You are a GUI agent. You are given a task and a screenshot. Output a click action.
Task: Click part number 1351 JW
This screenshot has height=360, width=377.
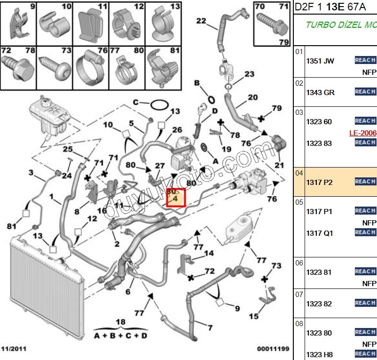tap(320, 61)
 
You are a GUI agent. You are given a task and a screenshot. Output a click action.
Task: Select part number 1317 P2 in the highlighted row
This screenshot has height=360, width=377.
tap(319, 182)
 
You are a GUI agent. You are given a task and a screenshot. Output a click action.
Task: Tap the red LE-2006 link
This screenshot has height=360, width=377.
tap(363, 133)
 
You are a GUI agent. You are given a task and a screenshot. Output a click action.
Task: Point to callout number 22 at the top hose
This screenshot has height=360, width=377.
tap(201, 21)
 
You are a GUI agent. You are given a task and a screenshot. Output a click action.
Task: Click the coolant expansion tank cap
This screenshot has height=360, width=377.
tap(46, 100)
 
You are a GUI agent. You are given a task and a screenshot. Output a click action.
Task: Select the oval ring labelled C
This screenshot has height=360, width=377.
tap(159, 104)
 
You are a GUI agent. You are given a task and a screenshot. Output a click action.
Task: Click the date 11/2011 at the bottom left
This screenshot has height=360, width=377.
tap(14, 349)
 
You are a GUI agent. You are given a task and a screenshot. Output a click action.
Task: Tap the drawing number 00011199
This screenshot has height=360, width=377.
tap(273, 349)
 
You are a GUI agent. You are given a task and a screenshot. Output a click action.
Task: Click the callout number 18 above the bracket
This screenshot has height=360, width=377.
tap(121, 322)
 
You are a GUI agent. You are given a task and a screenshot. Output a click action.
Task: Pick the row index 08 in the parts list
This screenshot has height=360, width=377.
tap(299, 324)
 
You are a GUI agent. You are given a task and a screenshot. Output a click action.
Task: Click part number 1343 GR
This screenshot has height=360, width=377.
tap(320, 93)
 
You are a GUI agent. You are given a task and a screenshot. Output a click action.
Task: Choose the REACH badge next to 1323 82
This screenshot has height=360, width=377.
tap(365, 303)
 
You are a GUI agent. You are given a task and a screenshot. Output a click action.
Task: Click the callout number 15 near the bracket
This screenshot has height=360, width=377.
tap(253, 317)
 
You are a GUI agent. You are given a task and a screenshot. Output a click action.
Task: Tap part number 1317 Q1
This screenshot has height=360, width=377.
tap(319, 233)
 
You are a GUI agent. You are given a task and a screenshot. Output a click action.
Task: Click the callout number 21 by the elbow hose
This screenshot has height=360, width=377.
tap(279, 165)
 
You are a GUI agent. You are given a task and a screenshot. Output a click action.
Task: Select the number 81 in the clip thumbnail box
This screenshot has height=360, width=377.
tap(175, 50)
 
